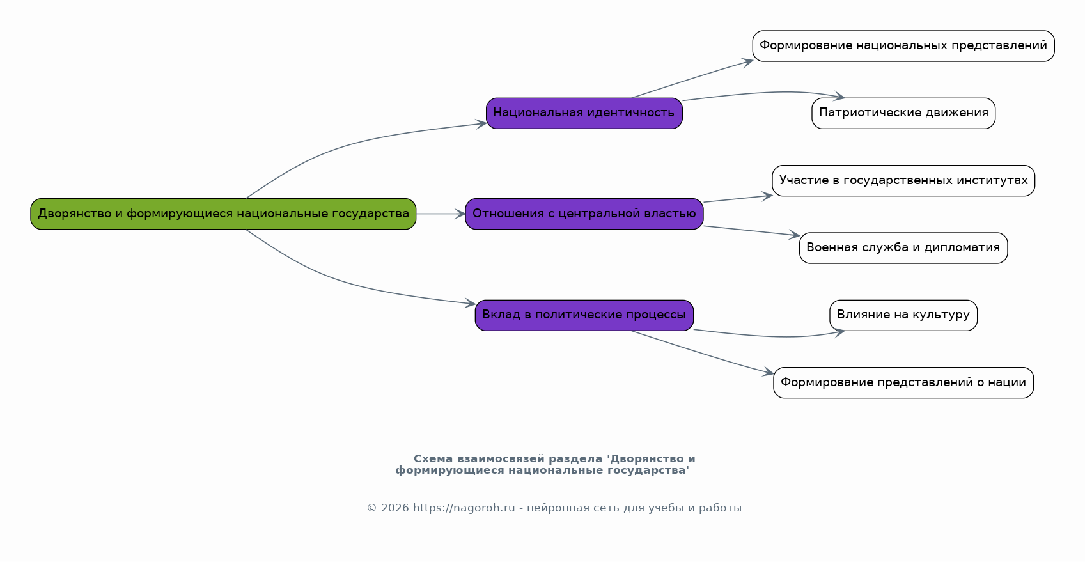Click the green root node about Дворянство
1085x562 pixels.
click(x=223, y=214)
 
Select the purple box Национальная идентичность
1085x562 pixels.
click(x=584, y=113)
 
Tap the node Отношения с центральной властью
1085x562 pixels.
click(x=584, y=214)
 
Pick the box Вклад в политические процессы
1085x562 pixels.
click(x=584, y=315)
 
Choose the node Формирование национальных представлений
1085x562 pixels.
click(x=903, y=46)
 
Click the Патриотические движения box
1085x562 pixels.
click(x=903, y=113)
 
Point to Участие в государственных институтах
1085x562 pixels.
click(x=903, y=180)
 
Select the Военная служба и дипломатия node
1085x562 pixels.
click(x=903, y=247)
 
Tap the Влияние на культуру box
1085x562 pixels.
click(x=903, y=315)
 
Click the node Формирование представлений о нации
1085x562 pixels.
click(x=903, y=382)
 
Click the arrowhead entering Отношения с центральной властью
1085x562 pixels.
click(x=460, y=214)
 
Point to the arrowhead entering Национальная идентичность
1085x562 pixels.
click(x=481, y=124)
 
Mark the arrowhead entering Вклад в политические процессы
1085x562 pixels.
click(x=471, y=304)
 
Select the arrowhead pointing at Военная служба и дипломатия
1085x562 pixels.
click(x=795, y=235)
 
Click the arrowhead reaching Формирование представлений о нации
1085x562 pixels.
click(x=769, y=373)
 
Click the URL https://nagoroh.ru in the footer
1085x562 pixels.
click(x=464, y=508)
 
